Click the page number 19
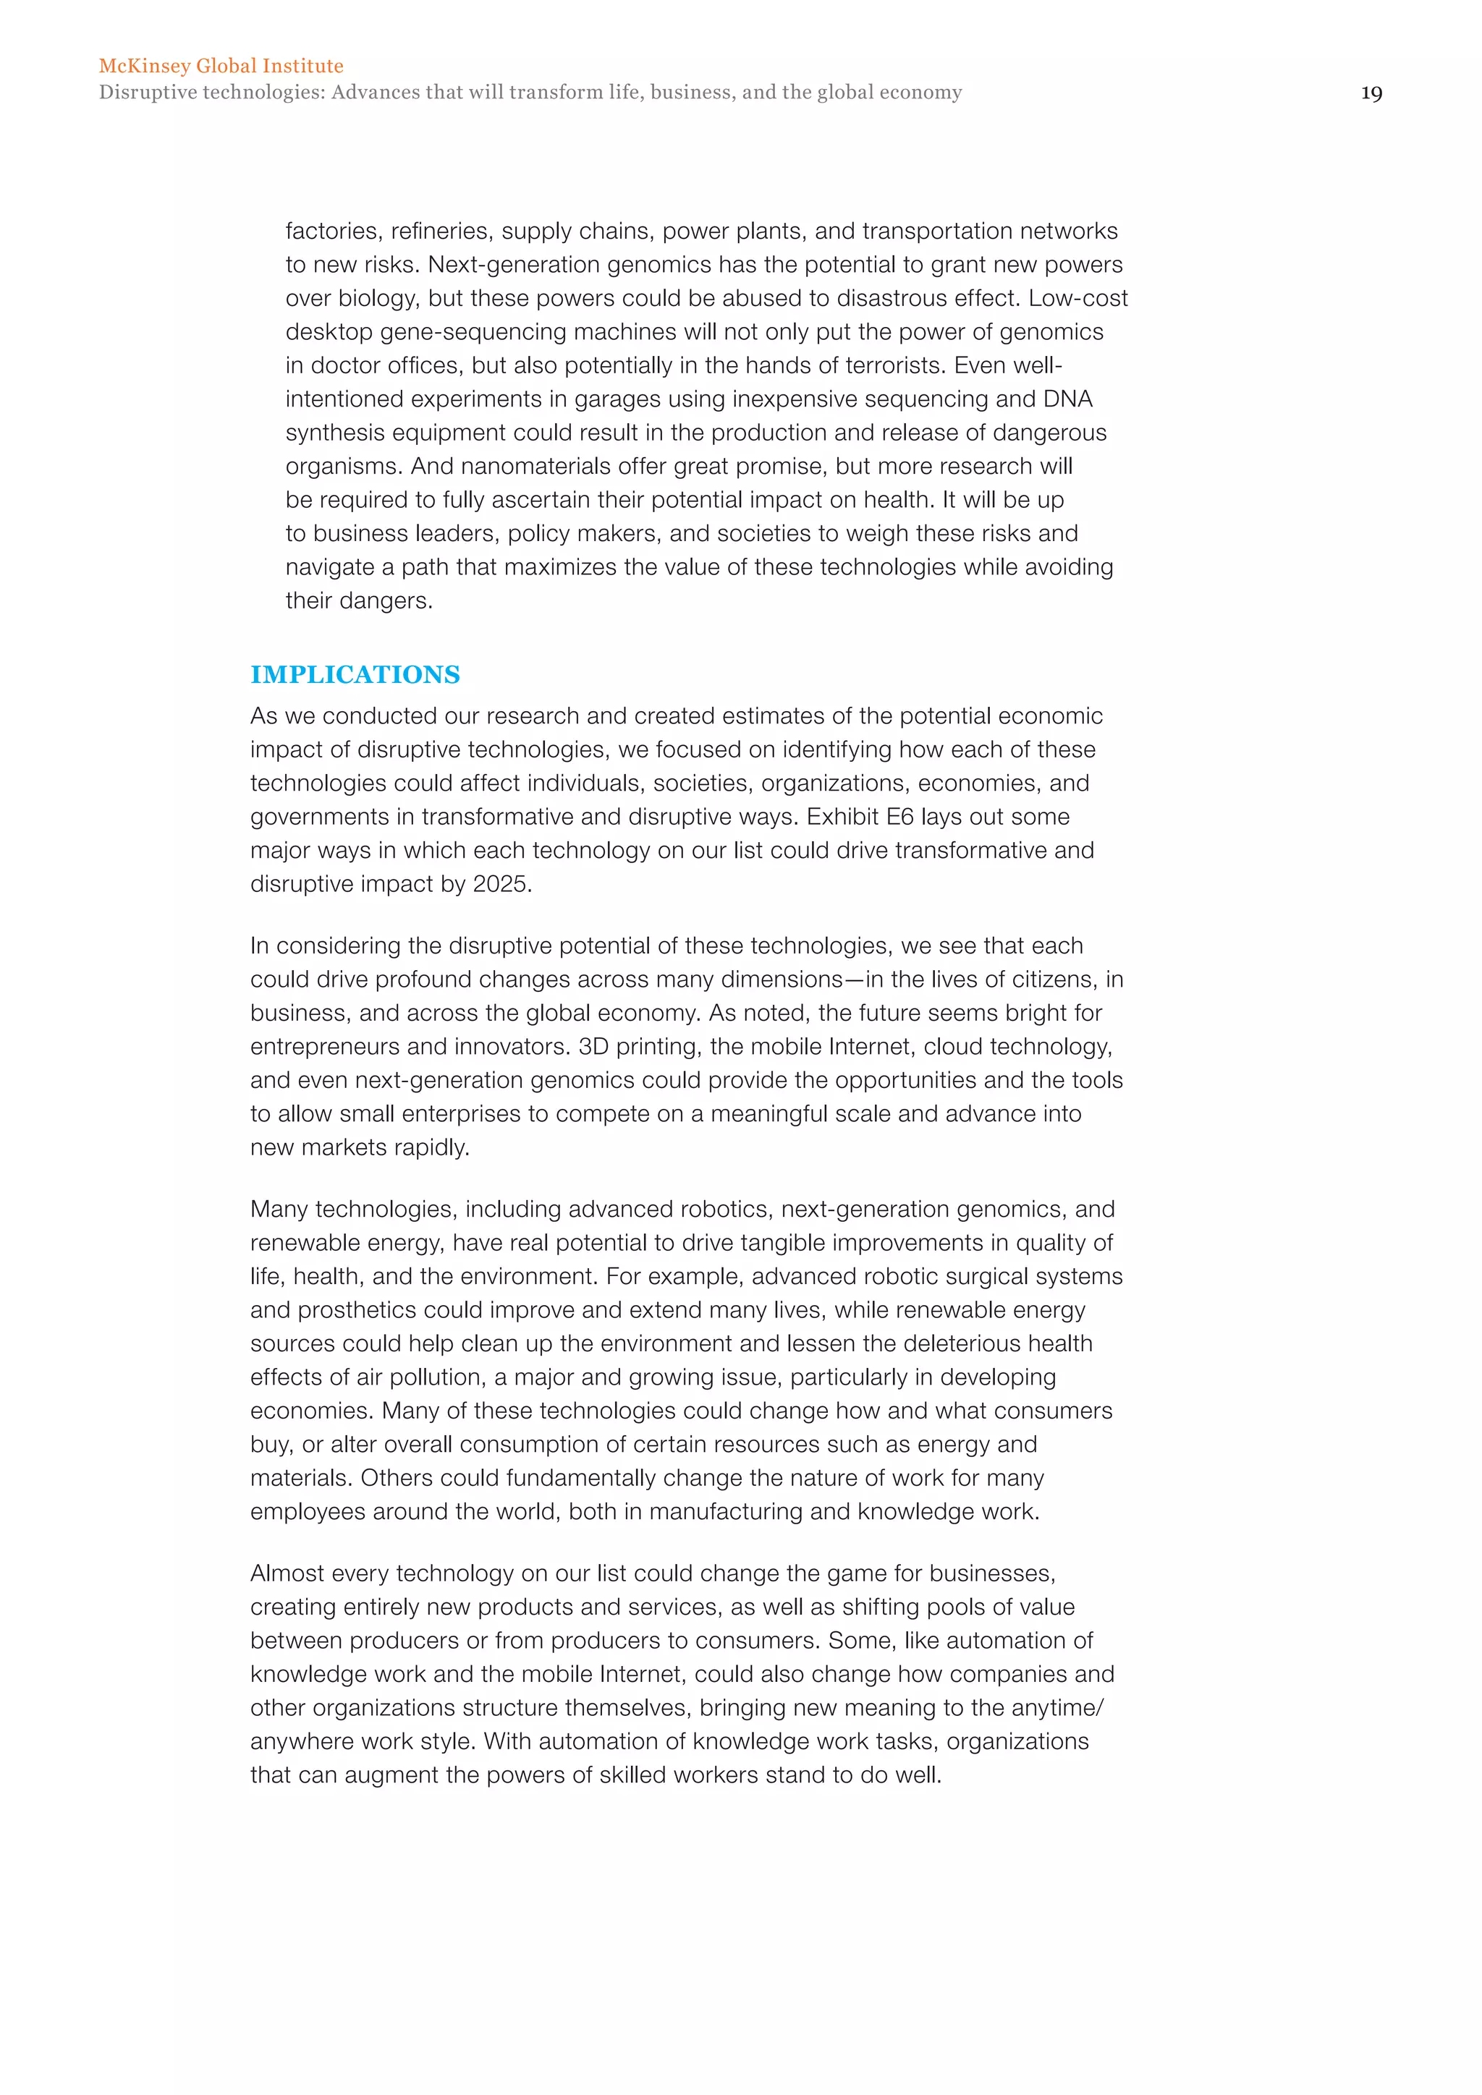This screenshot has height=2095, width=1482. pos(1371,93)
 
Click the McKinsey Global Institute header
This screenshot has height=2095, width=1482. pos(221,66)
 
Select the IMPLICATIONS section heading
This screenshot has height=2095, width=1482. pos(355,674)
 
